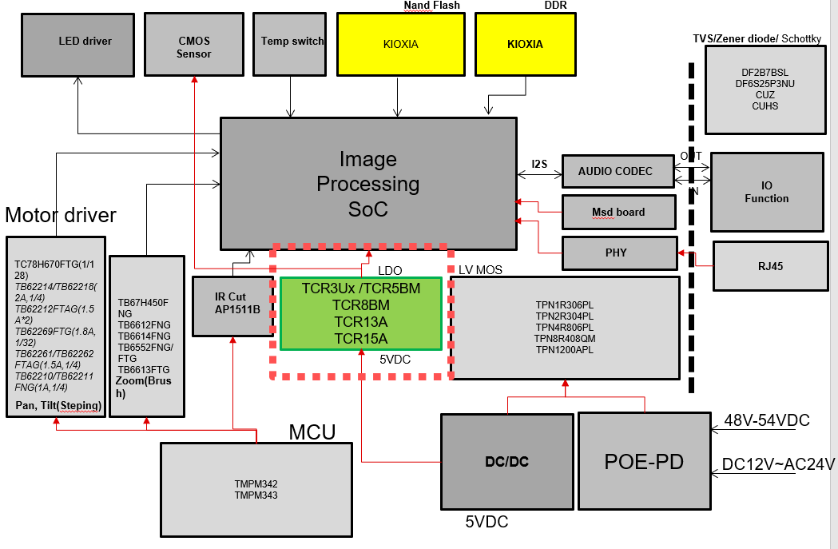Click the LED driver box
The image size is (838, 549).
point(77,44)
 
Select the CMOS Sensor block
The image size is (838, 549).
point(194,46)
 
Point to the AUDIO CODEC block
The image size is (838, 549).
point(615,171)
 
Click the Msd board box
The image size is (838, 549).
point(618,212)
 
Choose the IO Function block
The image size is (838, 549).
point(766,192)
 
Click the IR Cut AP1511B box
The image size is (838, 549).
point(232,304)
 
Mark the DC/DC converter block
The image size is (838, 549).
point(506,461)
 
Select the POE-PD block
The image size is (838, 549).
point(644,461)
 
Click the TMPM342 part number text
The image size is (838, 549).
point(256,484)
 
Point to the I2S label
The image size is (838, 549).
point(539,165)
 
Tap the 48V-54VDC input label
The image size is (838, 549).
point(766,420)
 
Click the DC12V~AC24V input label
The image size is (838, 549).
point(778,463)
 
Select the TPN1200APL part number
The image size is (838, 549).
point(564,349)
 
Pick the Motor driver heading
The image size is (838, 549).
point(61,215)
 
